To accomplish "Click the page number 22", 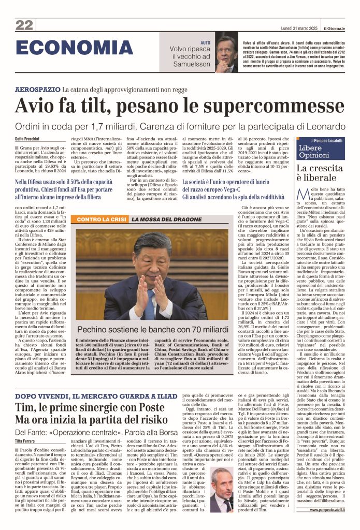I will (x=24, y=24).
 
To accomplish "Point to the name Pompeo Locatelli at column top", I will (x=332, y=141).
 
